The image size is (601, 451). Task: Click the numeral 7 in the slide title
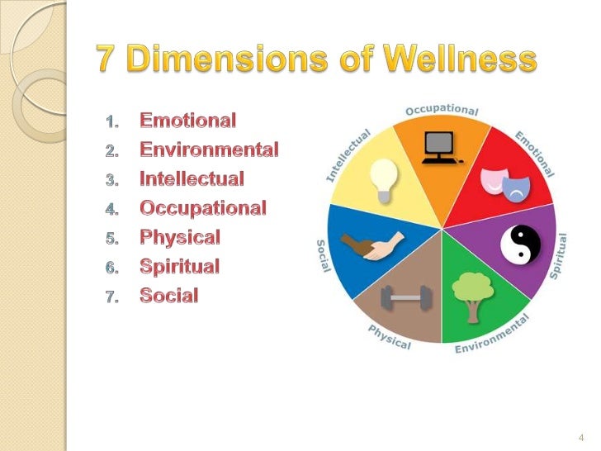coord(106,59)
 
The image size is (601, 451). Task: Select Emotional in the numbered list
coord(188,121)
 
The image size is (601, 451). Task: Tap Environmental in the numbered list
coord(209,150)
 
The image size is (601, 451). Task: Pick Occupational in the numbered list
coord(203,208)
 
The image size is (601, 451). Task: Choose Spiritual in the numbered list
coord(180,266)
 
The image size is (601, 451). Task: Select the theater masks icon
coord(505,186)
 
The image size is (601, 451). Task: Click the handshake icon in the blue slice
coord(372,244)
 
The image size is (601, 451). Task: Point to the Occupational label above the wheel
coord(442,111)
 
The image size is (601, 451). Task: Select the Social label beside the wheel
coord(321,260)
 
